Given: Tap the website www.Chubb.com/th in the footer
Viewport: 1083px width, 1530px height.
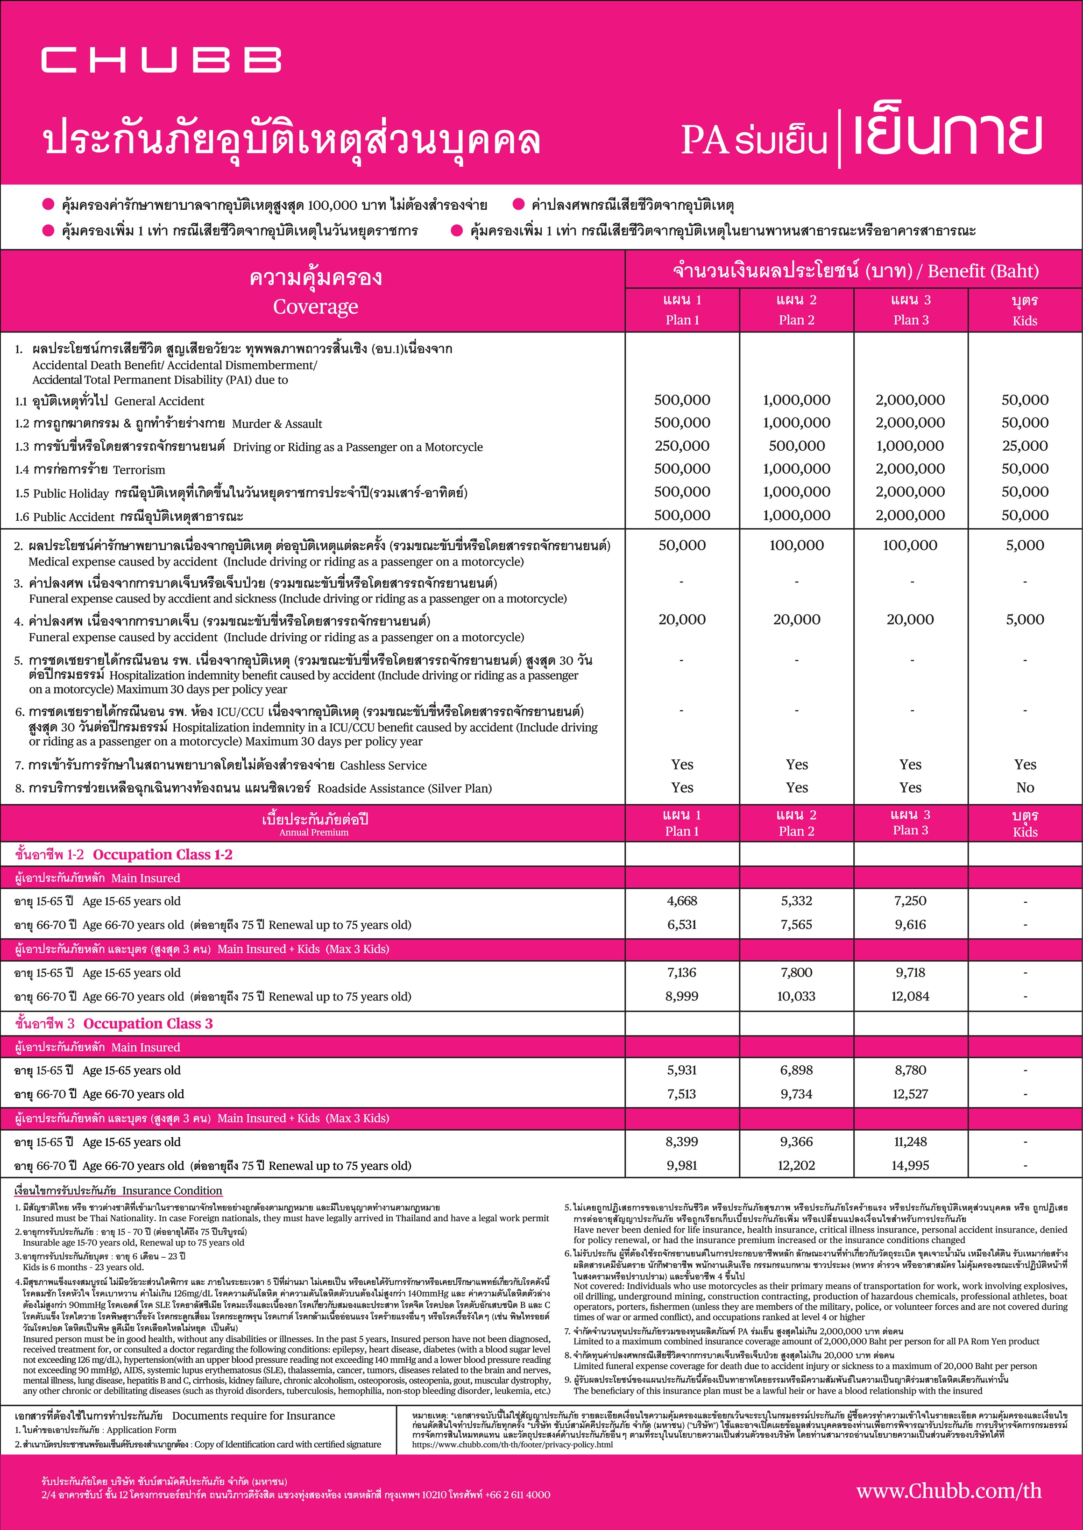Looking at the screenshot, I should coord(949,1491).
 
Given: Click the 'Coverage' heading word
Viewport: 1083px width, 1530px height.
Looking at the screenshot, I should coord(315,307).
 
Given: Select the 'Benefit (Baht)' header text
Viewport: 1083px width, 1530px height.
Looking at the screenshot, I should coord(983,271).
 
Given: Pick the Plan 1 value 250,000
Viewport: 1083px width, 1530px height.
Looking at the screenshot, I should coord(681,446).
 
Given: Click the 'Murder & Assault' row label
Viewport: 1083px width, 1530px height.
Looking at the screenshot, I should coord(277,424).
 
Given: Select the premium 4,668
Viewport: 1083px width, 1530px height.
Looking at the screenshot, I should coord(681,901).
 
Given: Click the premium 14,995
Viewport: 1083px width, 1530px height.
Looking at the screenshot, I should coord(910,1165).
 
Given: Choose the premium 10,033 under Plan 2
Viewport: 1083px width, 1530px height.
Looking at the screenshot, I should coord(796,997).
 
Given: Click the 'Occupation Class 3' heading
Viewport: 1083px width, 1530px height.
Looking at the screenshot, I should coord(148,1024).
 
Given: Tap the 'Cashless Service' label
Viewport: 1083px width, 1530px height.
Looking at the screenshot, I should coord(383,765).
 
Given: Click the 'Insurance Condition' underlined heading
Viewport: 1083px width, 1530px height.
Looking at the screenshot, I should coord(172,1190).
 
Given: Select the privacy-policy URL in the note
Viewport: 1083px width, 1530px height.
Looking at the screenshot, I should coord(512,1445).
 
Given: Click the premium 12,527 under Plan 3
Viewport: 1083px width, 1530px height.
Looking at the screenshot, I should coord(910,1094).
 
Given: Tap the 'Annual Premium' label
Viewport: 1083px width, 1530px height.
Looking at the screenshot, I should coord(313,832).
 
